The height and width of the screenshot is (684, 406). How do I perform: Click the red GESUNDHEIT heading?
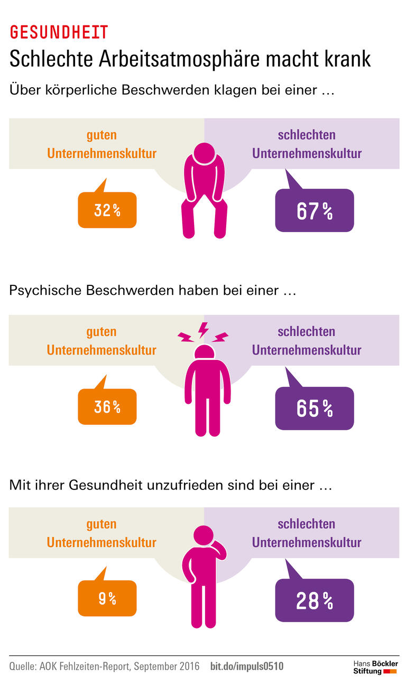coord(59,32)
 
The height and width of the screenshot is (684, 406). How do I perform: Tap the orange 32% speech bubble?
coord(107,210)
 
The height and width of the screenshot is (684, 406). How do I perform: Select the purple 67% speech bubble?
coord(314,211)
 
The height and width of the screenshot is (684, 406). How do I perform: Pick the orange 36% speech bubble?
coord(107,407)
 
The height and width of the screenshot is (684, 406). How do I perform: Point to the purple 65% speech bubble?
coord(314,408)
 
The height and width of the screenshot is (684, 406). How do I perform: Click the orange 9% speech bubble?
coord(107,598)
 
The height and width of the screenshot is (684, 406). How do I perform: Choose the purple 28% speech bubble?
coord(314,600)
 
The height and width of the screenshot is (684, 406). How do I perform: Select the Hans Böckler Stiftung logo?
coord(375,667)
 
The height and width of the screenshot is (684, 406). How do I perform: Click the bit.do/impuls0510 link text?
coord(247,667)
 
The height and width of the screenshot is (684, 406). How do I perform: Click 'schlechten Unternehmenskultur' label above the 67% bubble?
coord(307,144)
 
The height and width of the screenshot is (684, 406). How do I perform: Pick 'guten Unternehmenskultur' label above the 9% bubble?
coord(101,533)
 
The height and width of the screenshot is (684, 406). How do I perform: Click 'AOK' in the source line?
coord(50,667)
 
